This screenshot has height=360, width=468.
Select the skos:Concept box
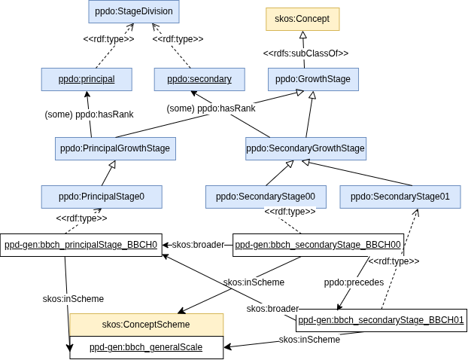pos(302,19)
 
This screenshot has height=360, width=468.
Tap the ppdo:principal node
pos(87,79)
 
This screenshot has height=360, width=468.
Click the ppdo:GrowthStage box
pos(312,79)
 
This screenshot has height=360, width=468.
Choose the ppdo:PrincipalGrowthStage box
pos(116,148)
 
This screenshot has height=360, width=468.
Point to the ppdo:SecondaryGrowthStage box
pos(305,148)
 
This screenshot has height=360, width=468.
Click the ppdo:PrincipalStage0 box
pos(102,197)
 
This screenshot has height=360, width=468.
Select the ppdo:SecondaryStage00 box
pos(266,197)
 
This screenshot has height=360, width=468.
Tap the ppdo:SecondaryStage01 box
pos(400,197)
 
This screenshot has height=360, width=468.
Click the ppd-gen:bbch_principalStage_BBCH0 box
pos(81,245)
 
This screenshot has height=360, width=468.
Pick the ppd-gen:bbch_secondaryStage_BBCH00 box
pos(318,245)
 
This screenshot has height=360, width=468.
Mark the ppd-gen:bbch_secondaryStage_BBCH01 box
pos(381,320)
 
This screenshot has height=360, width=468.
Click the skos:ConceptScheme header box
pos(146,324)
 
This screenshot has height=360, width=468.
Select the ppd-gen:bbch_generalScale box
pos(146,347)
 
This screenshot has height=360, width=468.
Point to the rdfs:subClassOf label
pos(305,53)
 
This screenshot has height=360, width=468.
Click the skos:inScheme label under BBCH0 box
pos(74,299)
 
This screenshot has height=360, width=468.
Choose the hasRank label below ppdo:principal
pos(90,114)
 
